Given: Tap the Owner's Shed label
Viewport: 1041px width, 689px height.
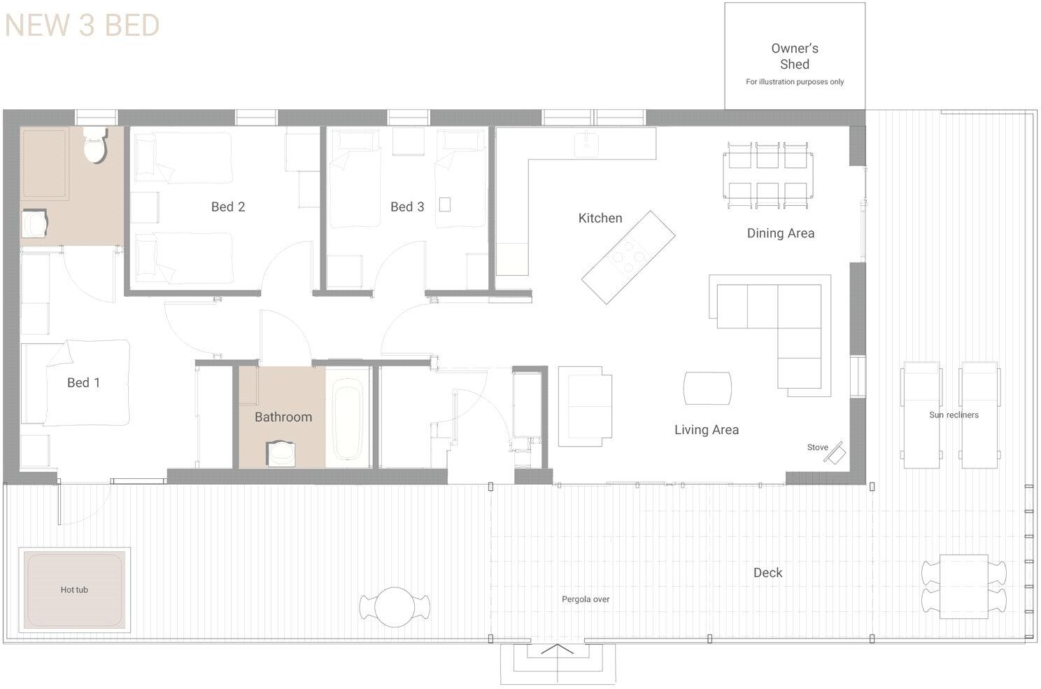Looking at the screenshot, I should point(794,56).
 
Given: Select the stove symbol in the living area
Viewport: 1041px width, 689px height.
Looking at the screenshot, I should point(833,452).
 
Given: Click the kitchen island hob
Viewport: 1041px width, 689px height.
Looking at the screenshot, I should point(628,257).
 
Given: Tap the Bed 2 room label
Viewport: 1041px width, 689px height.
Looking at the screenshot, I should point(228,207).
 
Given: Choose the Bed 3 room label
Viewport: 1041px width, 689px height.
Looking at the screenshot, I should point(407,207).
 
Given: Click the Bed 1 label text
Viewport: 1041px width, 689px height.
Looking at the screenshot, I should point(83,382).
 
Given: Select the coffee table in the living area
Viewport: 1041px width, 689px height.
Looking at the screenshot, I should point(707,388).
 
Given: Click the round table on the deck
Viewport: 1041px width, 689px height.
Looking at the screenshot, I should point(395,606).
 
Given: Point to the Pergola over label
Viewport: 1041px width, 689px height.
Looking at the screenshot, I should point(586,599).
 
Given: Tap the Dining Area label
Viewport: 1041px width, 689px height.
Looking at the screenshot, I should point(780,233).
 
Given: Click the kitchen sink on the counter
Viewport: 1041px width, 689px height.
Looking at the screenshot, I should point(585,145).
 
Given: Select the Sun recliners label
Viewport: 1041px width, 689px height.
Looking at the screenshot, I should point(954,415).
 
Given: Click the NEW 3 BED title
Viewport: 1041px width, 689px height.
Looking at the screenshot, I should point(83,26).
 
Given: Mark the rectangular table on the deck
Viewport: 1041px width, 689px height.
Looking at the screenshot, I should point(963,586).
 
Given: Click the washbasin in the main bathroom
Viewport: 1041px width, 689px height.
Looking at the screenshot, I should point(282,453).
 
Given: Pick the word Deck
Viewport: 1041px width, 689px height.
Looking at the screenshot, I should point(767,573).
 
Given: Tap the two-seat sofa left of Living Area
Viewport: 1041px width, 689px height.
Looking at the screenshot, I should point(585,406).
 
